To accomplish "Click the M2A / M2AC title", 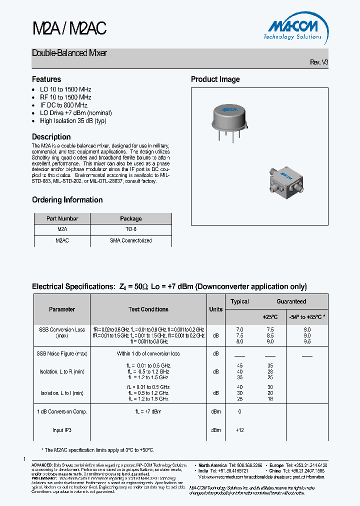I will coord(69,29).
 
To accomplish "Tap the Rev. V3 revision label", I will coord(319,62).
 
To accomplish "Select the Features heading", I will coord(46,79).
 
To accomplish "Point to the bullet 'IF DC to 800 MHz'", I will coord(63,105).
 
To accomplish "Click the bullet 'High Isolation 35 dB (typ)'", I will coord(73,121).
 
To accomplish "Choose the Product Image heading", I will coord(215,79).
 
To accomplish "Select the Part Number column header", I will coord(62,218).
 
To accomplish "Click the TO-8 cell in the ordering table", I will coord(131,229).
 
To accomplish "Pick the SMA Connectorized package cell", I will coord(131,240).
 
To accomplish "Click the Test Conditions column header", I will coord(148,309).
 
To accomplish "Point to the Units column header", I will coord(216,309).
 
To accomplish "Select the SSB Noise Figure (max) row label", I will coord(62,353).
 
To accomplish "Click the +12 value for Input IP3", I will coord(239,430).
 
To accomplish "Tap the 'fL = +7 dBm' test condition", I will coord(148,411).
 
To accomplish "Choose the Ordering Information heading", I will coord(67,200).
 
